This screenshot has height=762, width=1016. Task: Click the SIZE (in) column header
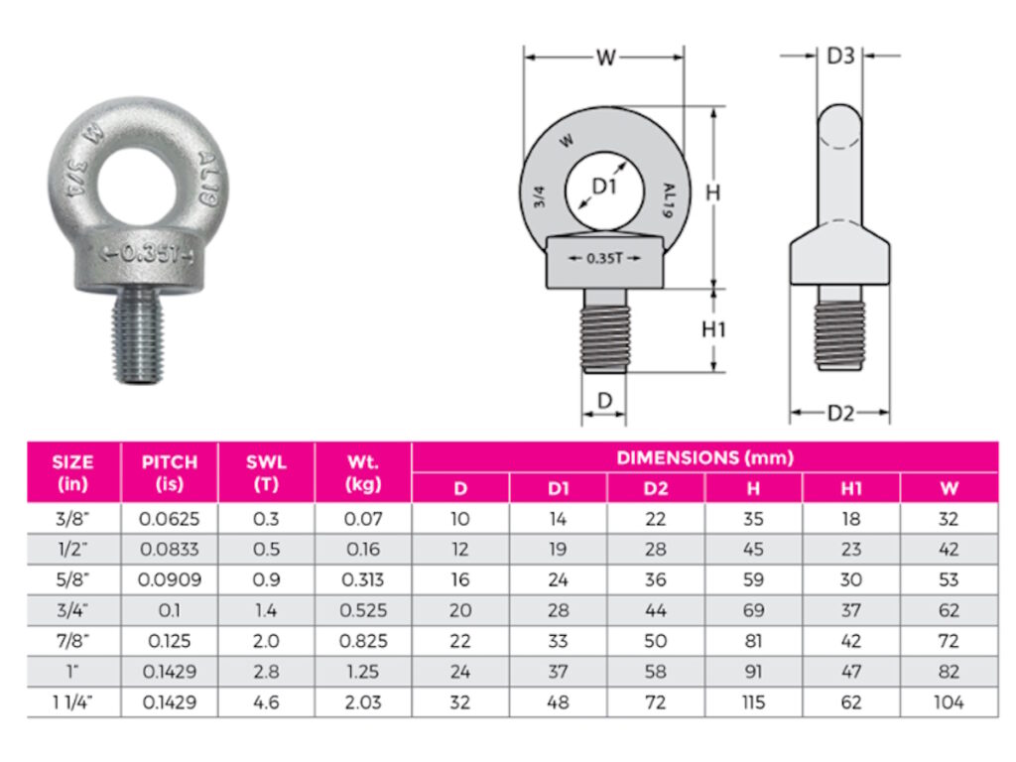pyautogui.click(x=72, y=472)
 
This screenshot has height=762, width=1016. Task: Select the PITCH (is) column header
pyautogui.click(x=170, y=472)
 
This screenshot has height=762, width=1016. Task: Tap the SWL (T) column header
pyautogui.click(x=266, y=472)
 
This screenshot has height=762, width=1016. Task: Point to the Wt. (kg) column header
pyautogui.click(x=362, y=472)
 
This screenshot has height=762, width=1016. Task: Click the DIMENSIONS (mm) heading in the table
pyautogui.click(x=704, y=457)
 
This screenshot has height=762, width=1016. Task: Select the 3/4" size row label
pyautogui.click(x=72, y=610)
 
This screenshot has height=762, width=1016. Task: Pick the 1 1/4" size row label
pyautogui.click(x=72, y=701)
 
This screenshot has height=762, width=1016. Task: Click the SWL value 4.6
pyautogui.click(x=266, y=701)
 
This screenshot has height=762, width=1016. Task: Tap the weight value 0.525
pyautogui.click(x=362, y=610)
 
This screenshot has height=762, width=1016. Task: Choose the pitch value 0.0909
pyautogui.click(x=170, y=579)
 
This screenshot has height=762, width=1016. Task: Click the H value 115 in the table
pyautogui.click(x=753, y=701)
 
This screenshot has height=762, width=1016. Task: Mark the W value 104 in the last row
pyautogui.click(x=949, y=701)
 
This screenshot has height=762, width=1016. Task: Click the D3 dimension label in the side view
pyautogui.click(x=840, y=56)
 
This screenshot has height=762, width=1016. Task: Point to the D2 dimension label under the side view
pyautogui.click(x=840, y=413)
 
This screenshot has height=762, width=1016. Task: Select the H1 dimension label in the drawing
pyautogui.click(x=713, y=330)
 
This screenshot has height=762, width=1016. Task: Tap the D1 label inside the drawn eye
pyautogui.click(x=604, y=186)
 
